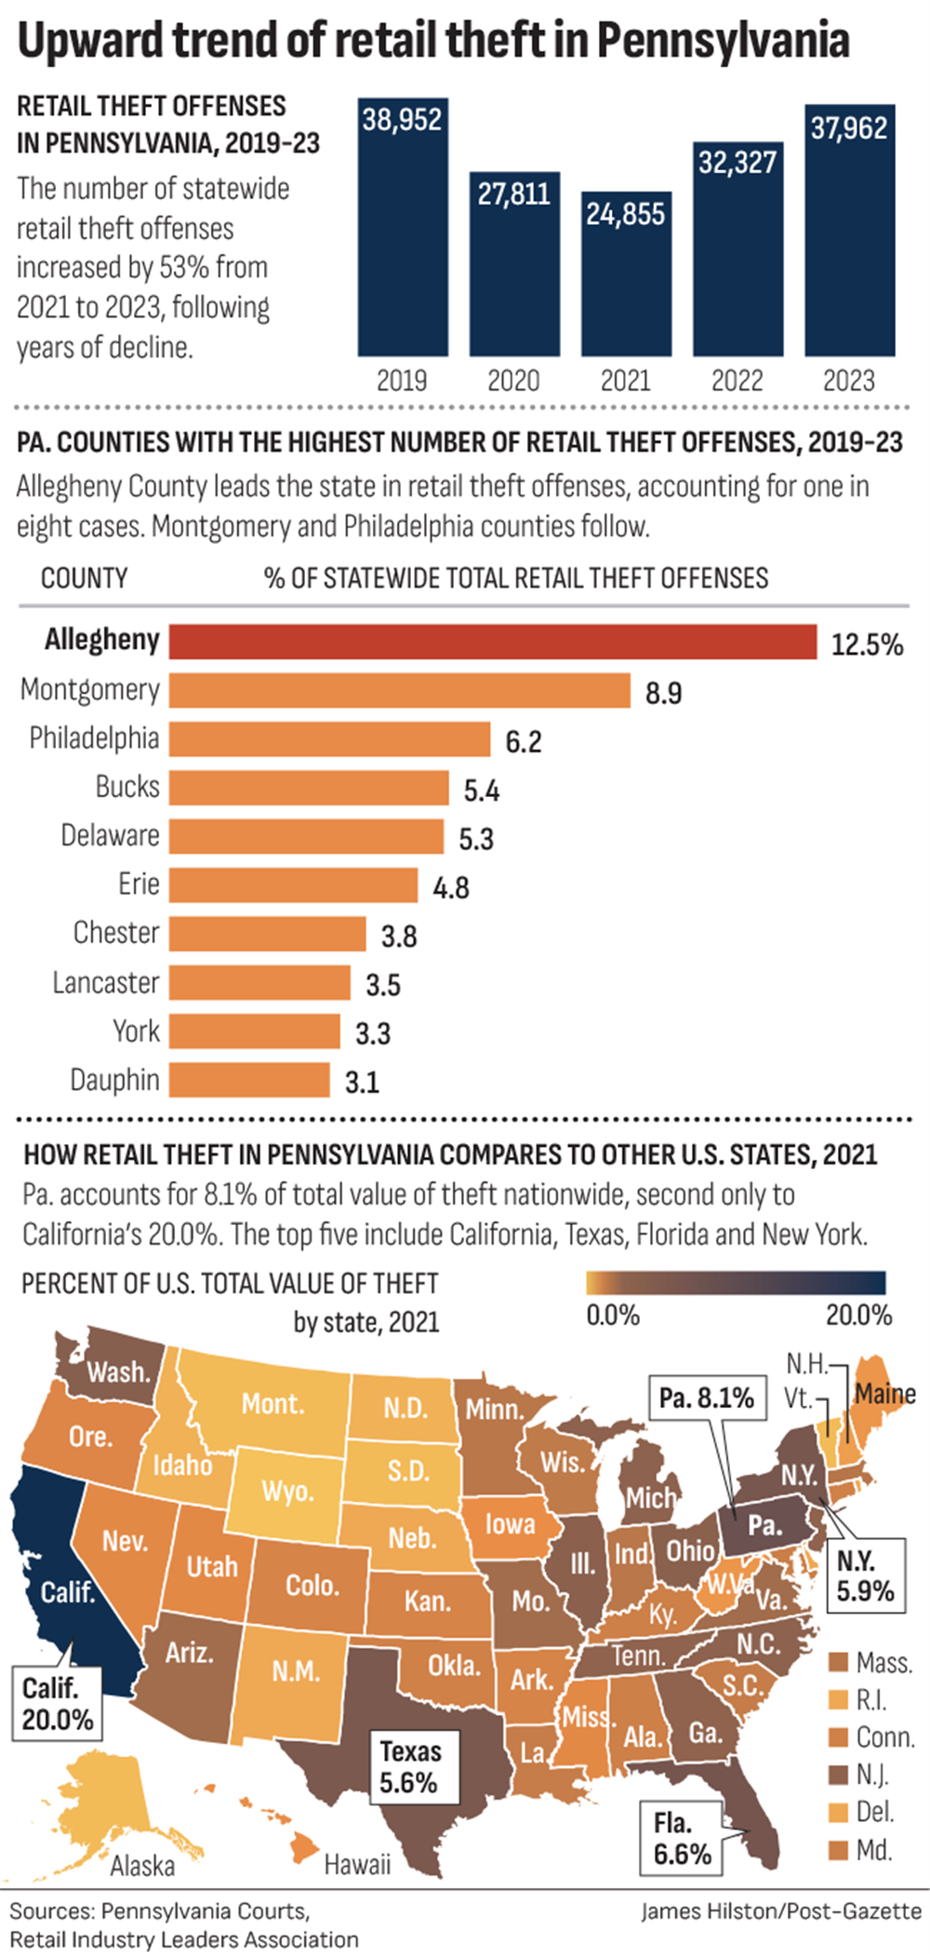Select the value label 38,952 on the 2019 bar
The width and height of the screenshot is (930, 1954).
click(402, 120)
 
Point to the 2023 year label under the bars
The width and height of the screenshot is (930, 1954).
click(848, 380)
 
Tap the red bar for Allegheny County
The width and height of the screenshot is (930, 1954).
click(492, 642)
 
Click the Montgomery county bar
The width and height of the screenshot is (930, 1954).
click(399, 690)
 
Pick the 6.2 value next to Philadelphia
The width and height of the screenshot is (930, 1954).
click(523, 741)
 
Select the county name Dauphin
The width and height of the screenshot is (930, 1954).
click(114, 1080)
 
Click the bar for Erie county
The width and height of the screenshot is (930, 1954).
click(293, 884)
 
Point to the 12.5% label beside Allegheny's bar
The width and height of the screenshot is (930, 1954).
click(867, 645)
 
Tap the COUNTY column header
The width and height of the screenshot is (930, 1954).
click(84, 578)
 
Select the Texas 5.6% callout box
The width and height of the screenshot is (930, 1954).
click(409, 1766)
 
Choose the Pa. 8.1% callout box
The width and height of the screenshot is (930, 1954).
click(706, 1398)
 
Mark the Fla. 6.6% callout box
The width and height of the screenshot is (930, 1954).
click(682, 1838)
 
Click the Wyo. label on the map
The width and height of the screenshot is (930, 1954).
click(286, 1491)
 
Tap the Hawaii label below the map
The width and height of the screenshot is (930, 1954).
click(357, 1864)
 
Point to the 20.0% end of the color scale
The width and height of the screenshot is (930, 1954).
click(857, 1315)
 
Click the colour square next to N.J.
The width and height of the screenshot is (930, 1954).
click(839, 1775)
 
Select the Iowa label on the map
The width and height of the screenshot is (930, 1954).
click(510, 1523)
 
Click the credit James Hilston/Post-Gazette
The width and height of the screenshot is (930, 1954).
click(781, 1910)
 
